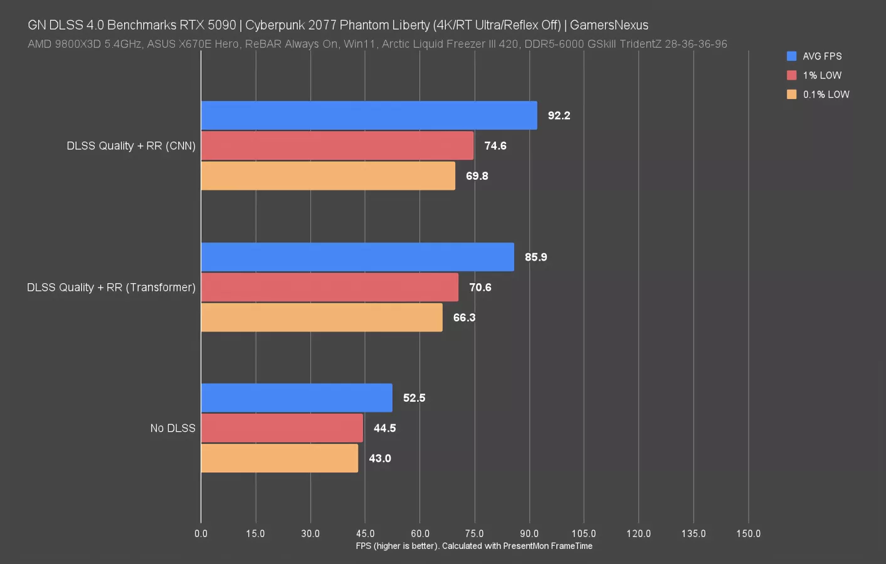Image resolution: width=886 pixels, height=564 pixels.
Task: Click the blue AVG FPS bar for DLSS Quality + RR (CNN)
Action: pyautogui.click(x=369, y=115)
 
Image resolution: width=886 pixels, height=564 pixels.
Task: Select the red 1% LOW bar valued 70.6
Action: pyautogui.click(x=329, y=287)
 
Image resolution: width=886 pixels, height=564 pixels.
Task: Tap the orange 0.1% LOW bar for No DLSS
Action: pyautogui.click(x=279, y=458)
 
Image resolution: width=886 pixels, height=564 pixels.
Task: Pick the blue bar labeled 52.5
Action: pyautogui.click(x=297, y=398)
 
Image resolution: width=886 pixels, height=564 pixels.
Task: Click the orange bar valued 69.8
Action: pyautogui.click(x=328, y=176)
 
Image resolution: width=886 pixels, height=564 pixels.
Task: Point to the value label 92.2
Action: pyautogui.click(x=559, y=115)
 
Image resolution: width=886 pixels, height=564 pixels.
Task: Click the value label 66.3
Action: pyautogui.click(x=464, y=318)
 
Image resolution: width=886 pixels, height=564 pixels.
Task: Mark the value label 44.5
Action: pyautogui.click(x=384, y=428)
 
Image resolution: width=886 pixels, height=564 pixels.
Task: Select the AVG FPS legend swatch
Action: pyautogui.click(x=791, y=56)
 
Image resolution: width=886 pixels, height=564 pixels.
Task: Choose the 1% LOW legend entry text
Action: pyautogui.click(x=822, y=75)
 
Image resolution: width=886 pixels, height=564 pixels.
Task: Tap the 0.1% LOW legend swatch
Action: pyautogui.click(x=791, y=95)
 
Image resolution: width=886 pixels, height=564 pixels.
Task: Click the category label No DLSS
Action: pyautogui.click(x=172, y=428)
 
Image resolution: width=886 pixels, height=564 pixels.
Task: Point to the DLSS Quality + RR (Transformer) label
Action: pyautogui.click(x=111, y=287)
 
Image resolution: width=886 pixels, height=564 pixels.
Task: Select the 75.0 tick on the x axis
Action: pyautogui.click(x=474, y=534)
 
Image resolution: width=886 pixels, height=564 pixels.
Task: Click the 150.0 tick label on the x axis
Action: pyautogui.click(x=748, y=534)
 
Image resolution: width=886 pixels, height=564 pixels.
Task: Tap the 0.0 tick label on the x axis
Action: pyautogui.click(x=201, y=534)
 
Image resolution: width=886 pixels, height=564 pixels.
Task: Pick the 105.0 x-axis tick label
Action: pyautogui.click(x=584, y=534)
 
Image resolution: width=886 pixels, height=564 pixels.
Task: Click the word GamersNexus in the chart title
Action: pyautogui.click(x=609, y=25)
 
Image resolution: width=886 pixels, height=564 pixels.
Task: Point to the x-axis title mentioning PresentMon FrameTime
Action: pyautogui.click(x=474, y=546)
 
